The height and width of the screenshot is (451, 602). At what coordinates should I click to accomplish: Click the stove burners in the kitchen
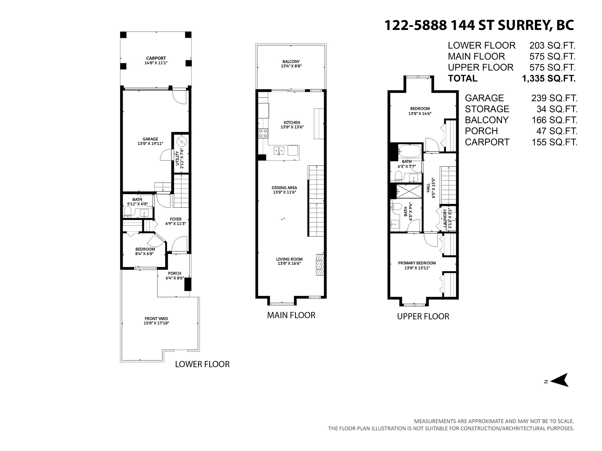[x=263, y=133]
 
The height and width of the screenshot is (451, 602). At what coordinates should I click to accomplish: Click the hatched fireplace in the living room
[x=320, y=265]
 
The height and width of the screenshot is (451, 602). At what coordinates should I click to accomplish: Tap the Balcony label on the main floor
[x=291, y=62]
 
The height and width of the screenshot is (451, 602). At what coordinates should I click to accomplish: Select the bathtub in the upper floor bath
[x=410, y=151]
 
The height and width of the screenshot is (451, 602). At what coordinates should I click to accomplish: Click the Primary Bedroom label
[x=417, y=263]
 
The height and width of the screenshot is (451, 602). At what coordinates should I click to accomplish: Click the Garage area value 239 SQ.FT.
[x=554, y=98]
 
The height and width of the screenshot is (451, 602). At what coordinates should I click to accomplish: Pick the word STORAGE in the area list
[x=487, y=109]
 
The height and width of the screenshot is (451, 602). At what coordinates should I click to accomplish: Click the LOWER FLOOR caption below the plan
[x=202, y=364]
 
